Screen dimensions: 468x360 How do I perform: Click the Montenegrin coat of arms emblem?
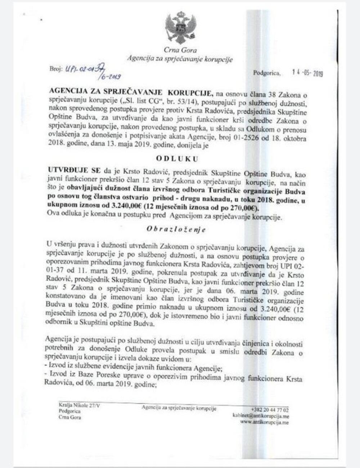tap(180, 28)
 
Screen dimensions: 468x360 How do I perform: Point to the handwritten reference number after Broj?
tap(94, 71)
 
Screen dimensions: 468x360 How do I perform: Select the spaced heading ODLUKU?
tap(177, 158)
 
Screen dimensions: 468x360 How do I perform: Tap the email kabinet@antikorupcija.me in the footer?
tap(261, 416)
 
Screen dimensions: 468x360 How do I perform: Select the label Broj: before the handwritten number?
tap(56, 67)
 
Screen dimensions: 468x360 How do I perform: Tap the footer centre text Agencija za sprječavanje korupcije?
tap(179, 408)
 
